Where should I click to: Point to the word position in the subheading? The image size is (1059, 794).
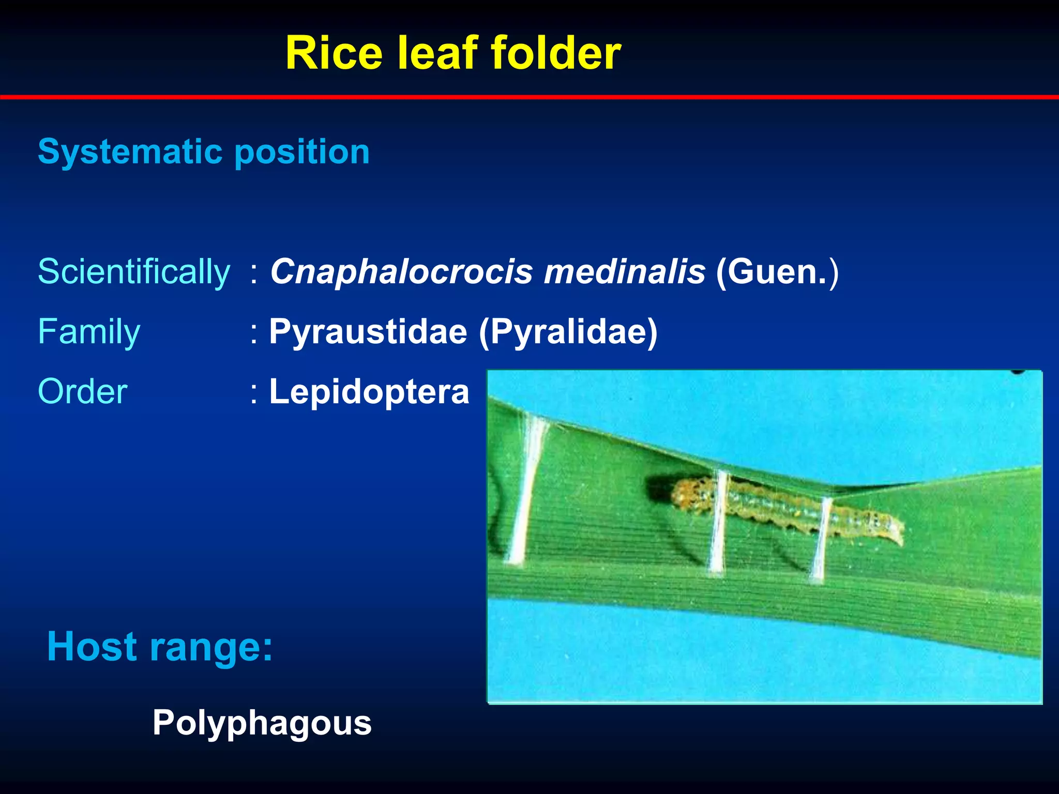[302, 153]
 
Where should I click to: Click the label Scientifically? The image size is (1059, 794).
[134, 272]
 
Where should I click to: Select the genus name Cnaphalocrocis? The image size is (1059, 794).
[401, 272]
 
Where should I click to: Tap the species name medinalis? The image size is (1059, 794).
[625, 272]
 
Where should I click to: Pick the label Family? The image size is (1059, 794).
[89, 332]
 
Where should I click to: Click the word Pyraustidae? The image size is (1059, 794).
[368, 332]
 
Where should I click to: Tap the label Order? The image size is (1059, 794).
[83, 392]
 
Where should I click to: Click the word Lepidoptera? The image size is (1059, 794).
[369, 392]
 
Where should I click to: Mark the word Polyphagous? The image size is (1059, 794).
[262, 723]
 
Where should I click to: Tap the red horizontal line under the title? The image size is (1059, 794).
[529, 97]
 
